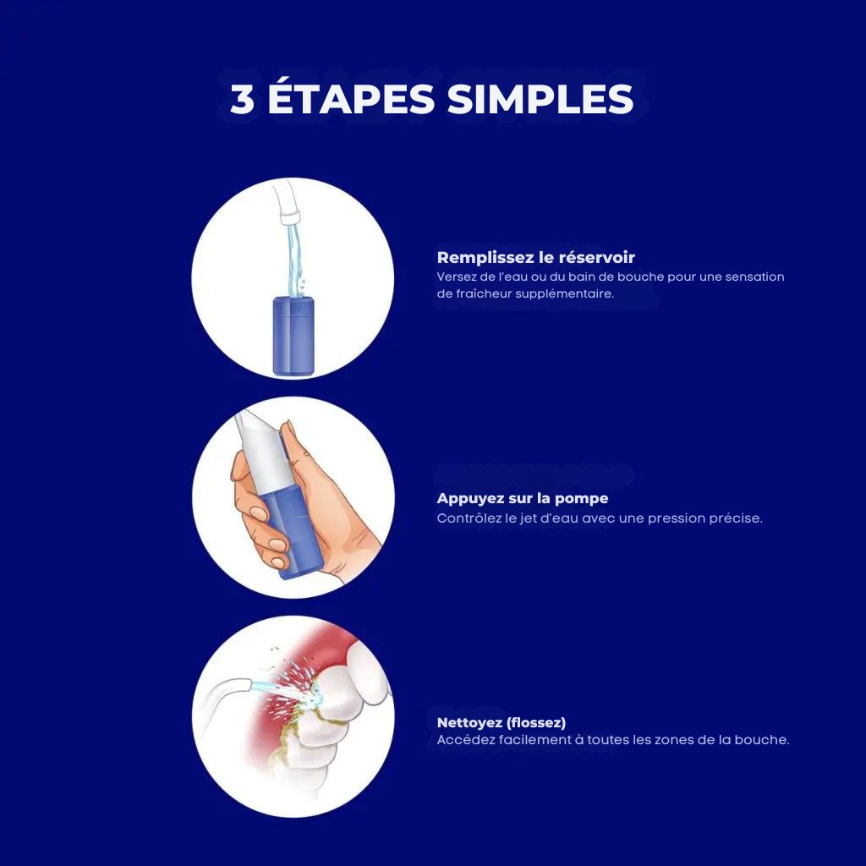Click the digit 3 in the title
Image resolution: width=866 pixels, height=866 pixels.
[x=242, y=100]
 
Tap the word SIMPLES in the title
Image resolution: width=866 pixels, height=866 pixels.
[x=540, y=100]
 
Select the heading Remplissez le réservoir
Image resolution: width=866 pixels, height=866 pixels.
[x=535, y=257]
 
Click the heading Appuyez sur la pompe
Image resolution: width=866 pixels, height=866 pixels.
[x=522, y=499]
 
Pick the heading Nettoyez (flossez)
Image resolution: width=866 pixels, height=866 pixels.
[x=501, y=722]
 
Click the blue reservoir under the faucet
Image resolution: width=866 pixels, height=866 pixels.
[x=293, y=336]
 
